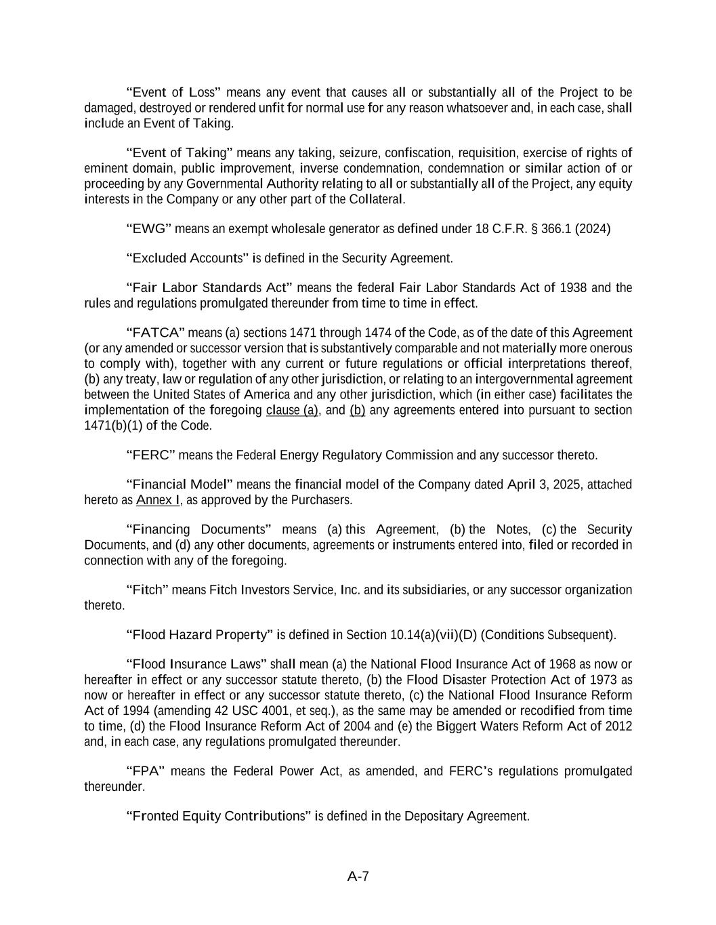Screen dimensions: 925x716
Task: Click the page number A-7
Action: tap(358, 876)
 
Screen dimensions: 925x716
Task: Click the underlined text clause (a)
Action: tap(292, 410)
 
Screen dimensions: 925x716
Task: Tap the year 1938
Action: tap(574, 287)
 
